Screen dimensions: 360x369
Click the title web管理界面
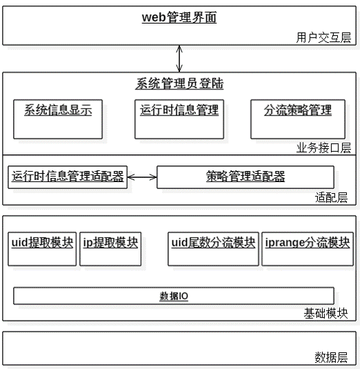(x=179, y=17)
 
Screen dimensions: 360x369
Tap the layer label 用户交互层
(x=323, y=37)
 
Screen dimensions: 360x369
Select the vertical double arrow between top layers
(x=179, y=59)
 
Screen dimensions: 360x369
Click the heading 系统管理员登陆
(x=179, y=84)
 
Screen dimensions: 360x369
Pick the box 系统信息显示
(x=58, y=119)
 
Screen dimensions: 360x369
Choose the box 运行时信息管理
(x=179, y=119)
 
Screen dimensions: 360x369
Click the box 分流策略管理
(x=298, y=119)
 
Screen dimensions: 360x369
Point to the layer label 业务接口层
(x=323, y=148)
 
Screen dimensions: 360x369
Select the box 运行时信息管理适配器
(x=68, y=177)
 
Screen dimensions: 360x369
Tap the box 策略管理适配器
(x=245, y=177)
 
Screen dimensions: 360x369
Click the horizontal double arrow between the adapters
(x=142, y=177)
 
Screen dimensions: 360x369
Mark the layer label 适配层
(x=332, y=197)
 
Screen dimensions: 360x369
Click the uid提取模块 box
(x=42, y=249)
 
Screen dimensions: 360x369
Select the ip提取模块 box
(x=110, y=249)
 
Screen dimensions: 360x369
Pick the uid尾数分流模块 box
(x=213, y=249)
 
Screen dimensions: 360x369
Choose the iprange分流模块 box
(x=307, y=249)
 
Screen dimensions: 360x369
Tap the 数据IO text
(x=174, y=296)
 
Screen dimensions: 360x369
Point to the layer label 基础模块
(x=325, y=314)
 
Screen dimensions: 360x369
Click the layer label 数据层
(x=332, y=357)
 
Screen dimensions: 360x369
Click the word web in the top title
(x=154, y=17)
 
